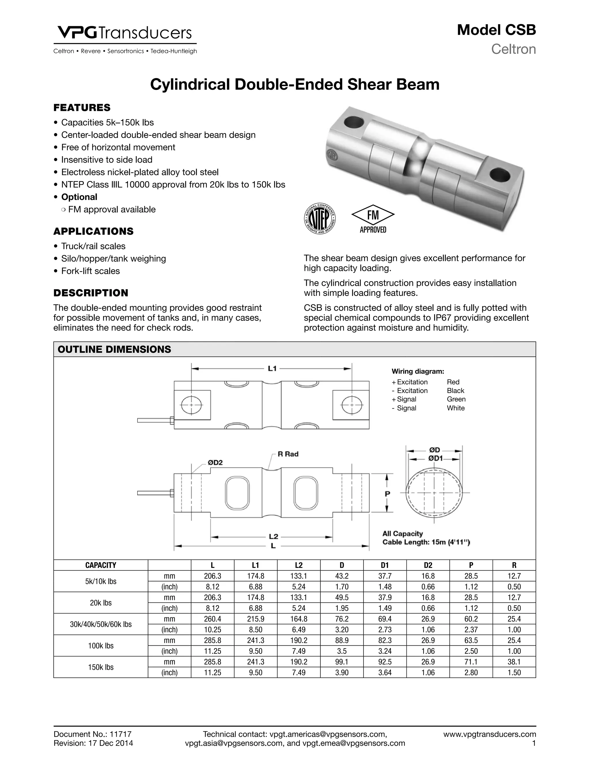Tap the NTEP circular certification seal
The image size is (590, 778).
pyautogui.click(x=319, y=218)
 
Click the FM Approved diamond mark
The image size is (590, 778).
pyautogui.click(x=373, y=218)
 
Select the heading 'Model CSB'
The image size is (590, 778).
pyautogui.click(x=496, y=30)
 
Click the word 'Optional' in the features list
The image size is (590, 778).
pyautogui.click(x=79, y=197)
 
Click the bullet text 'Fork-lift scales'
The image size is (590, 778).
pyautogui.click(x=90, y=271)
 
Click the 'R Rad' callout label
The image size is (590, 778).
pyautogui.click(x=288, y=454)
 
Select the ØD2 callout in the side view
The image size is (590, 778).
pyautogui.click(x=215, y=462)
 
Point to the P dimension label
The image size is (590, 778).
pyautogui.click(x=387, y=494)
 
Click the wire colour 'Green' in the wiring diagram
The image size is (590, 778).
pyautogui.click(x=456, y=399)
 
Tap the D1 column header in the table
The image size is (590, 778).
pyautogui.click(x=385, y=565)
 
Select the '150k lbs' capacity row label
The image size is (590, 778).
pyautogui.click(x=101, y=667)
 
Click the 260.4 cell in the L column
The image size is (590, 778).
pyautogui.click(x=212, y=619)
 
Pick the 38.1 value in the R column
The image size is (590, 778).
pyautogui.click(x=514, y=662)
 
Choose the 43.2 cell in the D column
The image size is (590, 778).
pyautogui.click(x=342, y=576)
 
